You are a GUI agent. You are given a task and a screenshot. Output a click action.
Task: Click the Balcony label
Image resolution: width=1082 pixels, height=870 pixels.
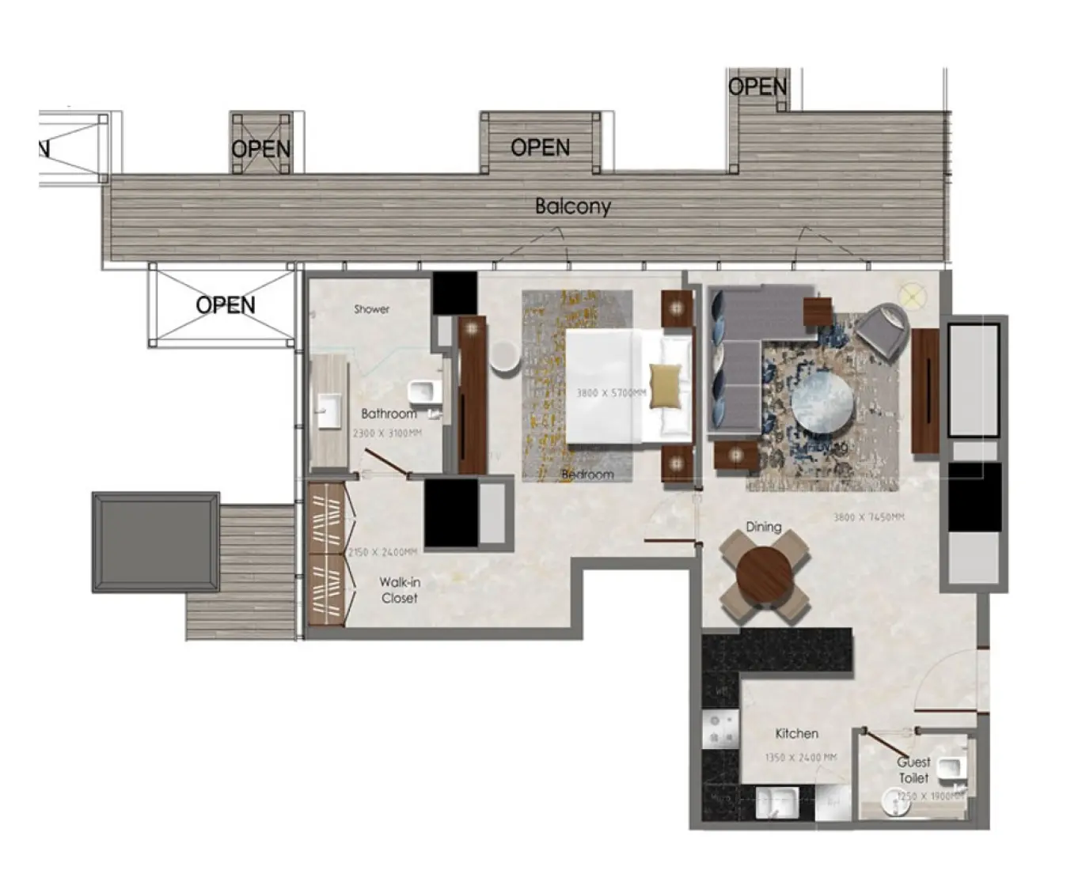(572, 206)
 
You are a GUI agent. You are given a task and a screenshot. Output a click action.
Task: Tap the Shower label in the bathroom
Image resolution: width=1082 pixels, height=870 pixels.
(371, 309)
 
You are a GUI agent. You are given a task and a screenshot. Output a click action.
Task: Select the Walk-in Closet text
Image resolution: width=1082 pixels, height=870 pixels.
(400, 590)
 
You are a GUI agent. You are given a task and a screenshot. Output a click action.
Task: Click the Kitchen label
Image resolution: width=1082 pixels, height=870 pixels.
(796, 733)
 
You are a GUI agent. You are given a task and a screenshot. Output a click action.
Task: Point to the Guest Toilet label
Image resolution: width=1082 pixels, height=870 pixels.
(913, 770)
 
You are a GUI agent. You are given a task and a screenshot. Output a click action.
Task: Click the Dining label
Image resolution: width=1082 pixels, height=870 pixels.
(763, 527)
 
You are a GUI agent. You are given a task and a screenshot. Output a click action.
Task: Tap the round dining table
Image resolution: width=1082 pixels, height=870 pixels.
(764, 575)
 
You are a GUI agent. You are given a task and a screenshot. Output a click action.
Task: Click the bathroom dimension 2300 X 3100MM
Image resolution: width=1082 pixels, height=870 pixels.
(387, 433)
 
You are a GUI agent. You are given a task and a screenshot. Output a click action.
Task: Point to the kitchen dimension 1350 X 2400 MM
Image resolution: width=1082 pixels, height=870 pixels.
(800, 758)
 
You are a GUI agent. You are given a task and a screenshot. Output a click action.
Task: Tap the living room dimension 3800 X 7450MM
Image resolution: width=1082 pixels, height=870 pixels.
(868, 517)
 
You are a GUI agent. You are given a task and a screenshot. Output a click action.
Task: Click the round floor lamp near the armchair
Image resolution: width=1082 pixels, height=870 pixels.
(913, 297)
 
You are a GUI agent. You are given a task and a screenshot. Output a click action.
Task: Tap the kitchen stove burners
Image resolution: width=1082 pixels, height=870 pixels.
(720, 729)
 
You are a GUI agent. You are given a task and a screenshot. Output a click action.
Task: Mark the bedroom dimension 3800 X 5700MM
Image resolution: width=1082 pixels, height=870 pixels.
(610, 393)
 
